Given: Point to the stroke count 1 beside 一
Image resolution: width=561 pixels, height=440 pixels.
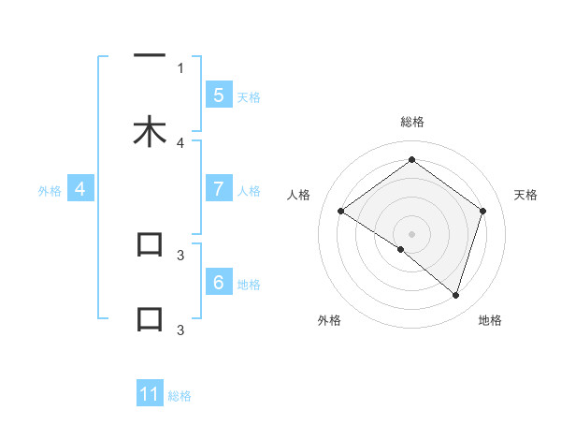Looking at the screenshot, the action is click(180, 67).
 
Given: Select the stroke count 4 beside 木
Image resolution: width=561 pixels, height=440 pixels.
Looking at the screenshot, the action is click(180, 142).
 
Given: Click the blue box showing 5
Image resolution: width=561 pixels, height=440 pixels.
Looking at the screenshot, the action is click(218, 95).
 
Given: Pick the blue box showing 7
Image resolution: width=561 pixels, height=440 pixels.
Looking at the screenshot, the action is click(218, 188).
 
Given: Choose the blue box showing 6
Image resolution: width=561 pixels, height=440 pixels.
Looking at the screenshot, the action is click(218, 282).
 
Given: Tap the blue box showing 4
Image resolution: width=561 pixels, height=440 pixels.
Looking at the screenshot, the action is click(80, 188).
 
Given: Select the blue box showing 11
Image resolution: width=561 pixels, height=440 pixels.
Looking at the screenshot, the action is click(150, 394).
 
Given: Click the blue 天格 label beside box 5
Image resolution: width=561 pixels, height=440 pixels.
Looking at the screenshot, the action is click(249, 96).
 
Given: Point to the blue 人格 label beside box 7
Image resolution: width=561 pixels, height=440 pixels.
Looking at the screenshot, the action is click(249, 190).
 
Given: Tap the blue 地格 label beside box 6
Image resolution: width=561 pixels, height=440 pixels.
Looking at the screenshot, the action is click(249, 284).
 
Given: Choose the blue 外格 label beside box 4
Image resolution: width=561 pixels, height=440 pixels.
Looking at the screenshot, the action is click(49, 190).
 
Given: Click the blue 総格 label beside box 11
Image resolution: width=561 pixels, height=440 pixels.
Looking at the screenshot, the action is click(180, 396).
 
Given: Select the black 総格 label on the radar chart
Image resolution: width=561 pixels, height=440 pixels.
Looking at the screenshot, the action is click(412, 122).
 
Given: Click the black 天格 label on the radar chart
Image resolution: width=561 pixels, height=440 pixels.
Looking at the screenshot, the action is click(525, 195).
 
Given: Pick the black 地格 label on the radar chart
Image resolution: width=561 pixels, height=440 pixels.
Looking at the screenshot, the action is click(490, 320).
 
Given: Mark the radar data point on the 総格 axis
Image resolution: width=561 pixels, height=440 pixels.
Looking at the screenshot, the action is click(411, 160).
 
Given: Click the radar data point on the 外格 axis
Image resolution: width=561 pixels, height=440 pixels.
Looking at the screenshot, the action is click(401, 249).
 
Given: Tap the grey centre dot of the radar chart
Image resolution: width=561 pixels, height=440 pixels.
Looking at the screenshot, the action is click(411, 233).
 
